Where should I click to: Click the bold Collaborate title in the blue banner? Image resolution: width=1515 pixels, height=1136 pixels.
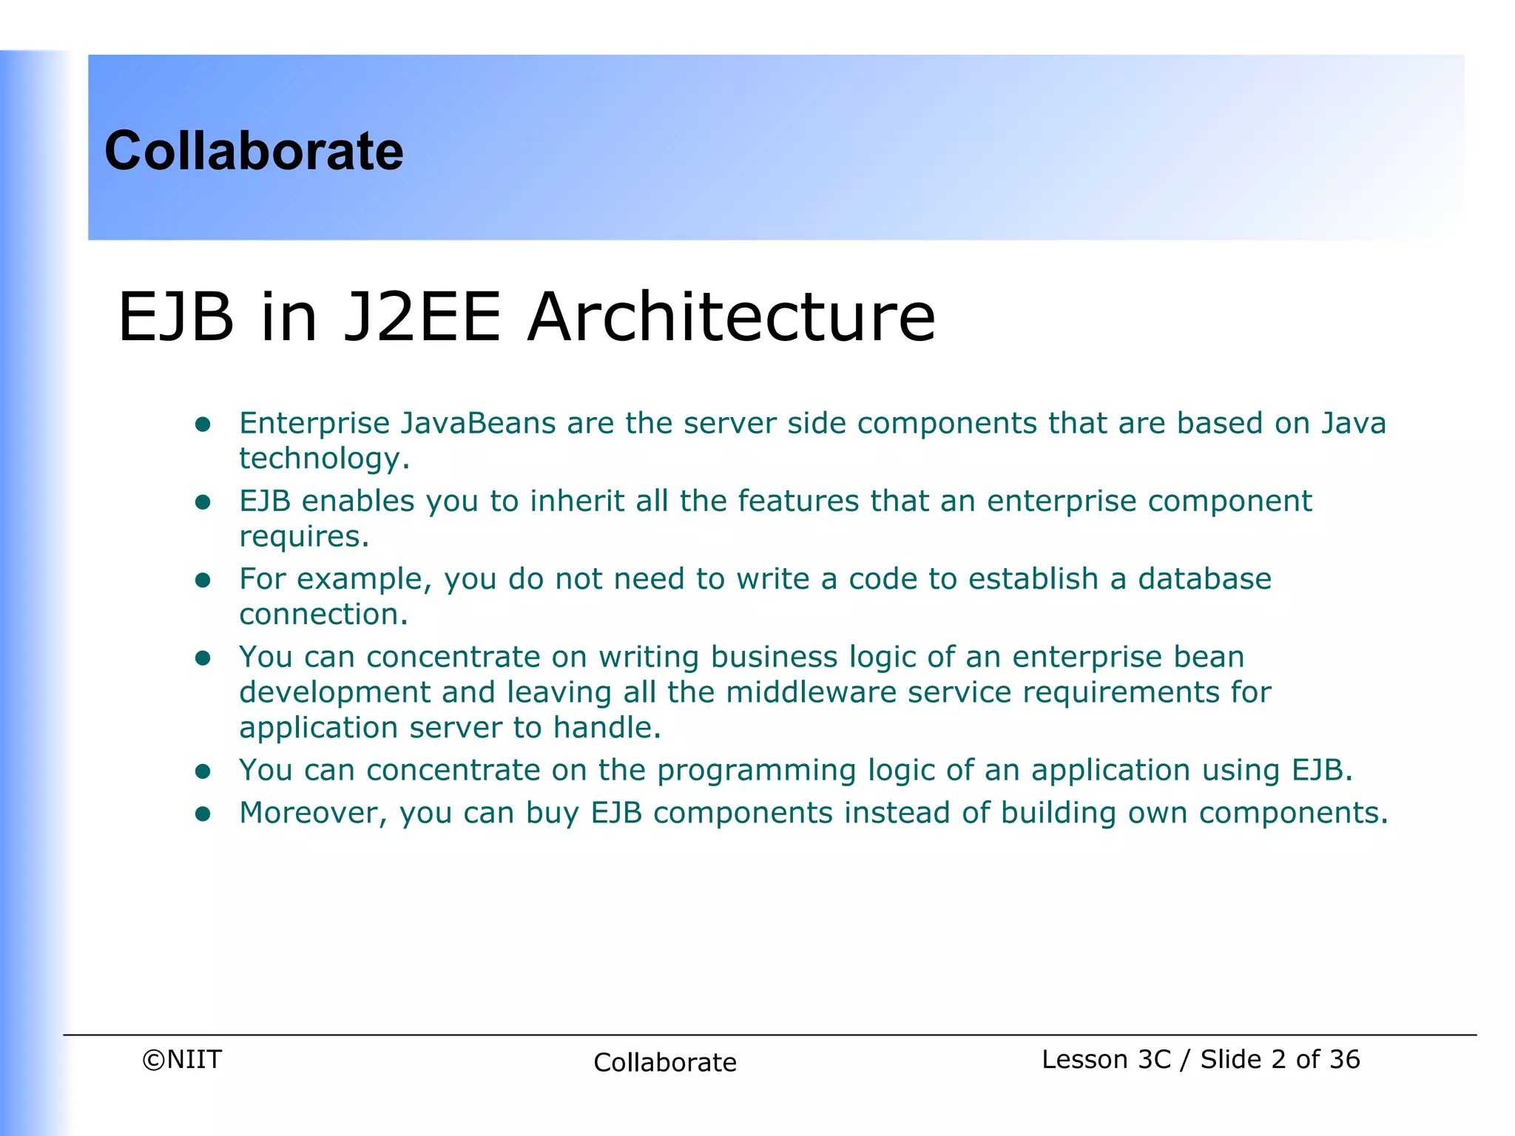coord(254,151)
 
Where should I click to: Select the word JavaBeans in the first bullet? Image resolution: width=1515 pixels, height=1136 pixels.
coord(479,423)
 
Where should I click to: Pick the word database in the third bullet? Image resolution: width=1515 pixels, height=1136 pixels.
coord(1204,578)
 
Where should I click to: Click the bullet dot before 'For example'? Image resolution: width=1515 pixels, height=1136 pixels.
coord(203,580)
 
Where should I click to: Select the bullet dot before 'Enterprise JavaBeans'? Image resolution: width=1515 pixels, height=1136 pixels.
coord(203,425)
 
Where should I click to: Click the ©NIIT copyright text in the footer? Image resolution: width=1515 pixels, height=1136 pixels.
coord(182,1060)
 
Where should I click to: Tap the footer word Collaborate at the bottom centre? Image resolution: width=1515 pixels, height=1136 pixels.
coord(665,1063)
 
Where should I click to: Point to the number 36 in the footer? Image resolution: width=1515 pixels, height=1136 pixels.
coord(1344,1060)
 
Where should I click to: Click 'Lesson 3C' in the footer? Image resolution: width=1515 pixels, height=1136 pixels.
coord(1106,1060)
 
